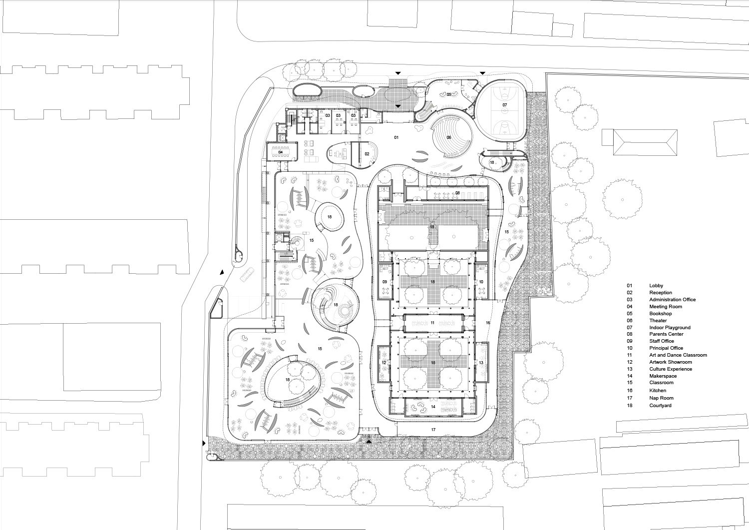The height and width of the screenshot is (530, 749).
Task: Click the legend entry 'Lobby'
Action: (656, 285)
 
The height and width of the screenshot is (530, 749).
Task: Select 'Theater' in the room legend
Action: (658, 321)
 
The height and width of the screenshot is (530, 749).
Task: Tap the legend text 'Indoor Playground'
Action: (670, 328)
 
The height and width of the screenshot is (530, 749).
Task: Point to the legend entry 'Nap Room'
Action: (661, 398)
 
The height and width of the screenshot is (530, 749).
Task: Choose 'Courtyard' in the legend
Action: (660, 406)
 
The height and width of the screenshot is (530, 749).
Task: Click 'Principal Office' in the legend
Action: (666, 348)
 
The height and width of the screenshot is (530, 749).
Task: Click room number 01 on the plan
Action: (396, 137)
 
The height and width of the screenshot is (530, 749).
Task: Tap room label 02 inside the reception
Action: (367, 154)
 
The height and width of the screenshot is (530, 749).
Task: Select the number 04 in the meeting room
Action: (281, 152)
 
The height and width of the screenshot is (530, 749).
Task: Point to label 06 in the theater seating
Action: (448, 137)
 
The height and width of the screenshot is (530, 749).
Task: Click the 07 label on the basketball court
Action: (505, 105)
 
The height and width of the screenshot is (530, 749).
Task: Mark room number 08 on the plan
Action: (457, 192)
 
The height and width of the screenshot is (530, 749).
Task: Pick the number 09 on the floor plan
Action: (385, 282)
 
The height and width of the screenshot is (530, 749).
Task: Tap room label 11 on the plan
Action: (432, 323)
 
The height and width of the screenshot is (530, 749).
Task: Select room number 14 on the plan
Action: (432, 407)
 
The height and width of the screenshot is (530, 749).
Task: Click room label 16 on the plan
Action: (488, 323)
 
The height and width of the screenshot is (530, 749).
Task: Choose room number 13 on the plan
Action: (481, 362)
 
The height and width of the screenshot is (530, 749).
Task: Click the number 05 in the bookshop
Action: (448, 94)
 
